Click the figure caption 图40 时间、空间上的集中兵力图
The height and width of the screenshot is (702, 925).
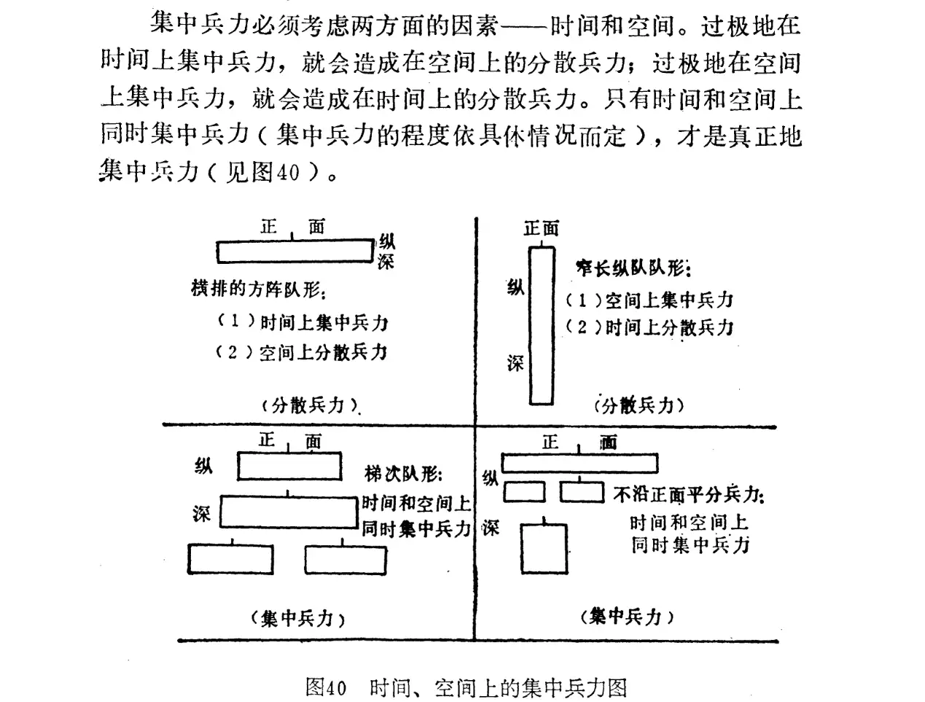467,687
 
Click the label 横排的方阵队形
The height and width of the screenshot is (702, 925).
257,289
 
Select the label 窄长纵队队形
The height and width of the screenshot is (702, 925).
631,269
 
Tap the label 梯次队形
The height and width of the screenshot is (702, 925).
403,475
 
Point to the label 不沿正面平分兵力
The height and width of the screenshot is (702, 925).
688,495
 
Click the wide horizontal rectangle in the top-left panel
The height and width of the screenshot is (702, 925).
294,252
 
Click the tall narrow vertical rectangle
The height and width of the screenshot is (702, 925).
541,325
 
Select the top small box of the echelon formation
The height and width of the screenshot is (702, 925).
289,467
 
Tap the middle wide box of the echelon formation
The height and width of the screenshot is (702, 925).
290,512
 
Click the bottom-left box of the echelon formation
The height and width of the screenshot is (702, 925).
231,560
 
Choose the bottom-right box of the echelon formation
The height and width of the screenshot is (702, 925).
346,560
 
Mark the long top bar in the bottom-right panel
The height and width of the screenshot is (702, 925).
579,463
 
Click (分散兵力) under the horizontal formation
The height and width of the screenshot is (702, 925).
310,405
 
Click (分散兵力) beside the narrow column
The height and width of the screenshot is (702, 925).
639,405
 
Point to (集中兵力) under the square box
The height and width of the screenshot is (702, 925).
628,617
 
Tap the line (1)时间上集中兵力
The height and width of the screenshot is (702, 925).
303,322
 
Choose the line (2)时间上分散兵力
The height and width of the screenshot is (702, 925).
649,327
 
